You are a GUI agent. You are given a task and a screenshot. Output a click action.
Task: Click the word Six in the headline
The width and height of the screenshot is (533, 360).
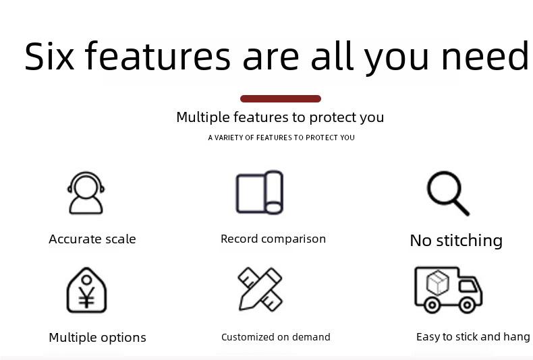49,56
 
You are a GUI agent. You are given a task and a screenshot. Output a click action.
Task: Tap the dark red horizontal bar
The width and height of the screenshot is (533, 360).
281,99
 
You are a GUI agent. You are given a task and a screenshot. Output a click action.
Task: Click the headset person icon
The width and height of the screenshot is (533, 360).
86,193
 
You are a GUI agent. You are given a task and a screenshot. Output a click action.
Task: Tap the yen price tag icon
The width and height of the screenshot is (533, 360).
86,290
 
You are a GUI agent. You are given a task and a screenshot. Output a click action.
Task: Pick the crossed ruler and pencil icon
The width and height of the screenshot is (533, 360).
260,289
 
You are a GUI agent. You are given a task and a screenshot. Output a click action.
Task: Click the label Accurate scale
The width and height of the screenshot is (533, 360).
92,239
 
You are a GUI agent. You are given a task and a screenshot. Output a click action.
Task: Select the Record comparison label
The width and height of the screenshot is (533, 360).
273,239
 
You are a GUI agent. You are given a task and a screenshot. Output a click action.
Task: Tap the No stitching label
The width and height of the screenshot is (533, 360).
456,241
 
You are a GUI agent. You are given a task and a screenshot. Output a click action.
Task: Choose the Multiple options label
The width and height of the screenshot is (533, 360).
98,338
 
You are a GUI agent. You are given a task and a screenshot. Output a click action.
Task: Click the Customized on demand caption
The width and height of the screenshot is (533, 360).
276,337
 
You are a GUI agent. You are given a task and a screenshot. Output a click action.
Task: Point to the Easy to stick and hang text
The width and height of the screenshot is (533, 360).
473,337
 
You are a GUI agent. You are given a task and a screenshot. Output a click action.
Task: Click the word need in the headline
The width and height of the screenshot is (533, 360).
485,56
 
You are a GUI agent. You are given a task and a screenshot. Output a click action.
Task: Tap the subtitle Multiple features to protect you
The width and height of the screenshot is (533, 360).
280,117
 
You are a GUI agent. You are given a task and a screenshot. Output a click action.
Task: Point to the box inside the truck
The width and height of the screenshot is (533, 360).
438,282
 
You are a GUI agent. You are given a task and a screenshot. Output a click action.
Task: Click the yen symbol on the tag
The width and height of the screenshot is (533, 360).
86,297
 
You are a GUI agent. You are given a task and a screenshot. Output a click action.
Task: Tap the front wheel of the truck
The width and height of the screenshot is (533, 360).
467,305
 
